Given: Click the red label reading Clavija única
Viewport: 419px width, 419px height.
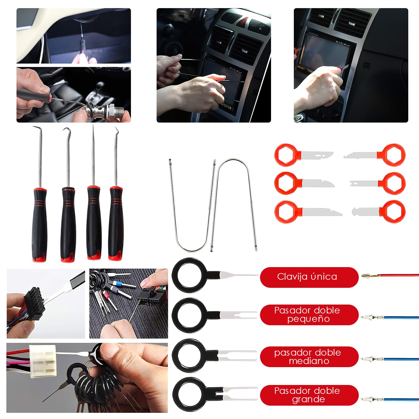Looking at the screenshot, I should tap(309, 277).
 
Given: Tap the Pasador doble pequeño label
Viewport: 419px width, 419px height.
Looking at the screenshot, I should tap(309, 315).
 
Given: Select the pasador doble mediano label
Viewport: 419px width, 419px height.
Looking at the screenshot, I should tap(309, 356).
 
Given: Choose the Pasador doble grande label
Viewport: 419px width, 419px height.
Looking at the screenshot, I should tap(309, 395).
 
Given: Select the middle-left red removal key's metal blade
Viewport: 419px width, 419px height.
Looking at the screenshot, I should tap(318, 183).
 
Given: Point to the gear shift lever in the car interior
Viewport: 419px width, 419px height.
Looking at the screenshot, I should tap(100, 89).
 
